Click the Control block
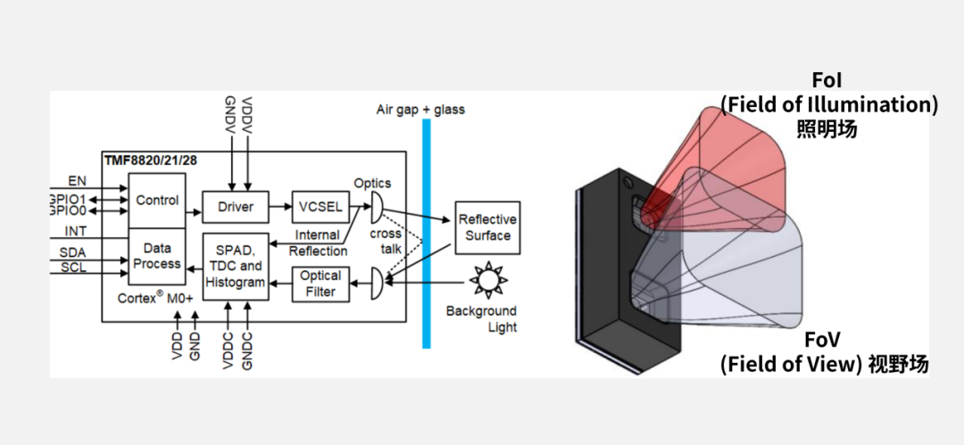(x=157, y=201)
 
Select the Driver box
(x=235, y=207)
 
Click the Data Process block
(x=157, y=256)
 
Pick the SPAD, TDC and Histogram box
(x=235, y=267)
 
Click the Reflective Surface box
(x=486, y=227)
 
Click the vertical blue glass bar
(x=427, y=232)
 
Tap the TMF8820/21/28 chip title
(x=149, y=160)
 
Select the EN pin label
(x=77, y=181)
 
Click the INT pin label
(x=76, y=232)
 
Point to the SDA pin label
(x=73, y=252)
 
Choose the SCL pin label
(x=73, y=268)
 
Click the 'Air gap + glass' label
(x=420, y=110)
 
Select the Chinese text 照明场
(x=828, y=128)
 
